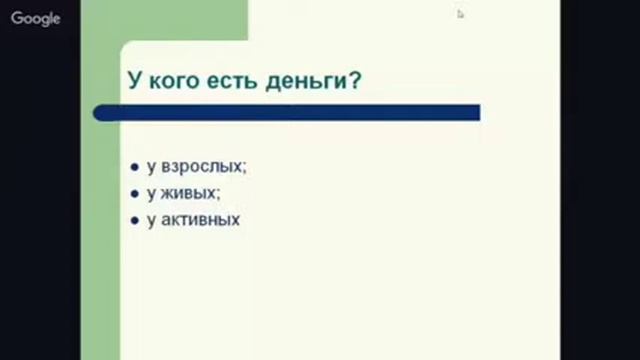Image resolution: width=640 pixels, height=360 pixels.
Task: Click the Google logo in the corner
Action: (x=36, y=18)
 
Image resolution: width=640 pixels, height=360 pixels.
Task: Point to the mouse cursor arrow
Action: (x=461, y=14)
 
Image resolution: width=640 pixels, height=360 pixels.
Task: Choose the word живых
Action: (x=188, y=193)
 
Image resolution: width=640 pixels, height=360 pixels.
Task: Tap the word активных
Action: (x=201, y=219)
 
